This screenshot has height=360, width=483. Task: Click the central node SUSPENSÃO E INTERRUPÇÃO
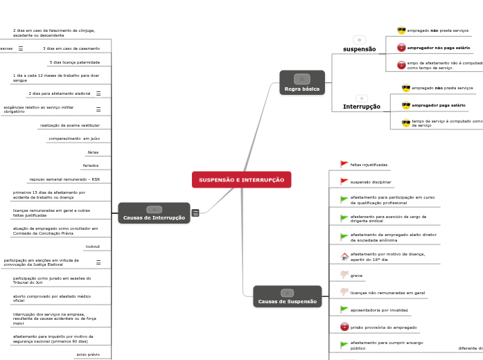coord(241,180)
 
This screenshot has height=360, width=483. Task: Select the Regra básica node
coord(301,82)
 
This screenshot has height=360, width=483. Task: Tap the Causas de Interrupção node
coord(154,213)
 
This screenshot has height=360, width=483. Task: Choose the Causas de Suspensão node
coord(287,296)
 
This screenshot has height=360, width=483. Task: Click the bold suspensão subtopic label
coord(359,50)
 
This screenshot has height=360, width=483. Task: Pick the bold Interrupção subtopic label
coord(361,107)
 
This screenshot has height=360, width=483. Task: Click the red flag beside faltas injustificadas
coord(344,165)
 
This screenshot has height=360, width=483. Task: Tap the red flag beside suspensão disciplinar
coord(344,182)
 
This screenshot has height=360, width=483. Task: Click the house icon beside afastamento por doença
coord(344,256)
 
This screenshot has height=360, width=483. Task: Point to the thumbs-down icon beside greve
coord(344,276)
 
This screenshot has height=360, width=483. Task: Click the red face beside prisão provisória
coord(344,327)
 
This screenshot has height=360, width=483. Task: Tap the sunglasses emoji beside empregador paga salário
coord(406,105)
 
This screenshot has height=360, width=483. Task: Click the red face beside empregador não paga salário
coord(401,48)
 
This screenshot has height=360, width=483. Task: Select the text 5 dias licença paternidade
coord(74,62)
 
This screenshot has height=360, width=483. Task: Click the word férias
coord(93,152)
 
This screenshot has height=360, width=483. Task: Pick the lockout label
coord(92,246)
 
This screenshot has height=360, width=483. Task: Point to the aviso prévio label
coord(87,354)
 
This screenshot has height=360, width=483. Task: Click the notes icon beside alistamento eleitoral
coord(98,93)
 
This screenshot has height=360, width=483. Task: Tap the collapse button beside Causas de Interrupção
coord(195,213)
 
